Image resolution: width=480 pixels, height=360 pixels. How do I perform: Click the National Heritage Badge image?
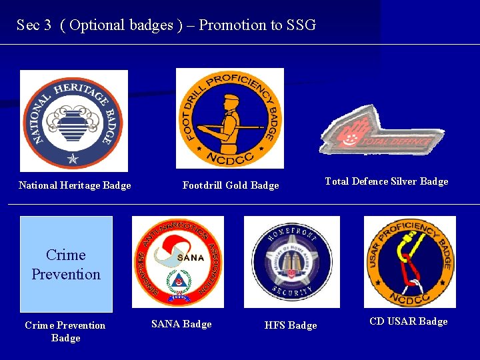pyautogui.click(x=73, y=121)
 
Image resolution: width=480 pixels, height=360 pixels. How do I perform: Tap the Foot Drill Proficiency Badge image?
pyautogui.click(x=229, y=118)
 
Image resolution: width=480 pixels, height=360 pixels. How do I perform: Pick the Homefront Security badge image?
pyautogui.click(x=291, y=261)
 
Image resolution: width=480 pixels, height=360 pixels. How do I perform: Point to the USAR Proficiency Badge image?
pyautogui.click(x=409, y=261)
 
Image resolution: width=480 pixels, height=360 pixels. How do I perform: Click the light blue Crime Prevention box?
pyautogui.click(x=66, y=264)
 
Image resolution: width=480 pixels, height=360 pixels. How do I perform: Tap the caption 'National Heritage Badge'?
pyautogui.click(x=75, y=185)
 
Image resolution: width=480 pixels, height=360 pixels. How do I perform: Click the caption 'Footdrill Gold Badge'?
pyautogui.click(x=231, y=185)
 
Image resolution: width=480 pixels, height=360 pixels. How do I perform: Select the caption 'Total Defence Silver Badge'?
pyautogui.click(x=386, y=181)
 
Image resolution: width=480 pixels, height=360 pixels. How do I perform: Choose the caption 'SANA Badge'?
pyautogui.click(x=181, y=324)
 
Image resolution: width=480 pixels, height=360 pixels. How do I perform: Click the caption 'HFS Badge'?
pyautogui.click(x=291, y=325)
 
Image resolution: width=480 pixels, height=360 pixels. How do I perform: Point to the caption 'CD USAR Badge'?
pyautogui.click(x=408, y=321)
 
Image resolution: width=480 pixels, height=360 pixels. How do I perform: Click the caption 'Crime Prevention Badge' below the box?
pyautogui.click(x=65, y=331)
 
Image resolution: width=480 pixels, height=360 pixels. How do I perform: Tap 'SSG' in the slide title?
pyautogui.click(x=301, y=25)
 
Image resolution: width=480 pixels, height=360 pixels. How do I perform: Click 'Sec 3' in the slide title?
pyautogui.click(x=34, y=25)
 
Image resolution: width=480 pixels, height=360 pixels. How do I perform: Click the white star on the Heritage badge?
pyautogui.click(x=72, y=159)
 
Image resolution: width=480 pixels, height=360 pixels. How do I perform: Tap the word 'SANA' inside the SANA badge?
pyautogui.click(x=190, y=258)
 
